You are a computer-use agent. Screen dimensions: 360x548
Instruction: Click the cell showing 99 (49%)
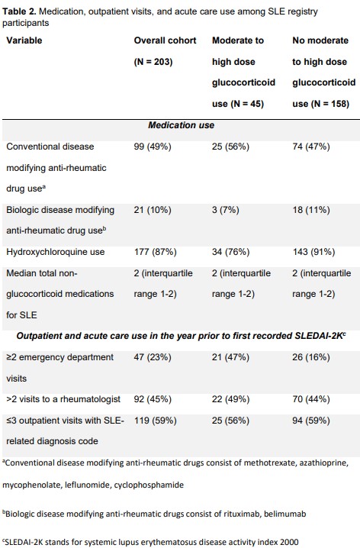coord(153,147)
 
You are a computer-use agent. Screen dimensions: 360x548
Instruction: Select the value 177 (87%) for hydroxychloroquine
coord(156,252)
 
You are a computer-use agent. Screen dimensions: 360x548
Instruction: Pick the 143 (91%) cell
coord(313,252)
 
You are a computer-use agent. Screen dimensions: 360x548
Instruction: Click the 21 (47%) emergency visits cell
coord(230,357)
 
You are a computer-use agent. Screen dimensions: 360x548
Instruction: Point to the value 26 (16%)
coord(311,357)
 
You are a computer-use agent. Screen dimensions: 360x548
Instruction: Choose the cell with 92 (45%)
coord(153,399)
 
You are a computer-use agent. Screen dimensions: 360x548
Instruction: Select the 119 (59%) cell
coord(156,420)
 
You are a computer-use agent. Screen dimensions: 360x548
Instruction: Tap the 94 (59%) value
coord(311,420)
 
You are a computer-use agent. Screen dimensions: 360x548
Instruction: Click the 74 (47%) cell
coord(311,147)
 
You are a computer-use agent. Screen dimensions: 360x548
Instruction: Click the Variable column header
coord(24,40)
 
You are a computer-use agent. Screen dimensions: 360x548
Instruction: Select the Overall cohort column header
coord(166,40)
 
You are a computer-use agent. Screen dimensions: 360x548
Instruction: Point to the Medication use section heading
coord(182,125)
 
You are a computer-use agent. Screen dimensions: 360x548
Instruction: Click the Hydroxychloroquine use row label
coord(56,252)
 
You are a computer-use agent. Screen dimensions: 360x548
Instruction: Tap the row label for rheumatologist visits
coord(63,399)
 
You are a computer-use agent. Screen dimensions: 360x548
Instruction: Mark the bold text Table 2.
coord(19,11)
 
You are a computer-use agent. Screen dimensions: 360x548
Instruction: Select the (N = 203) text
coord(153,62)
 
